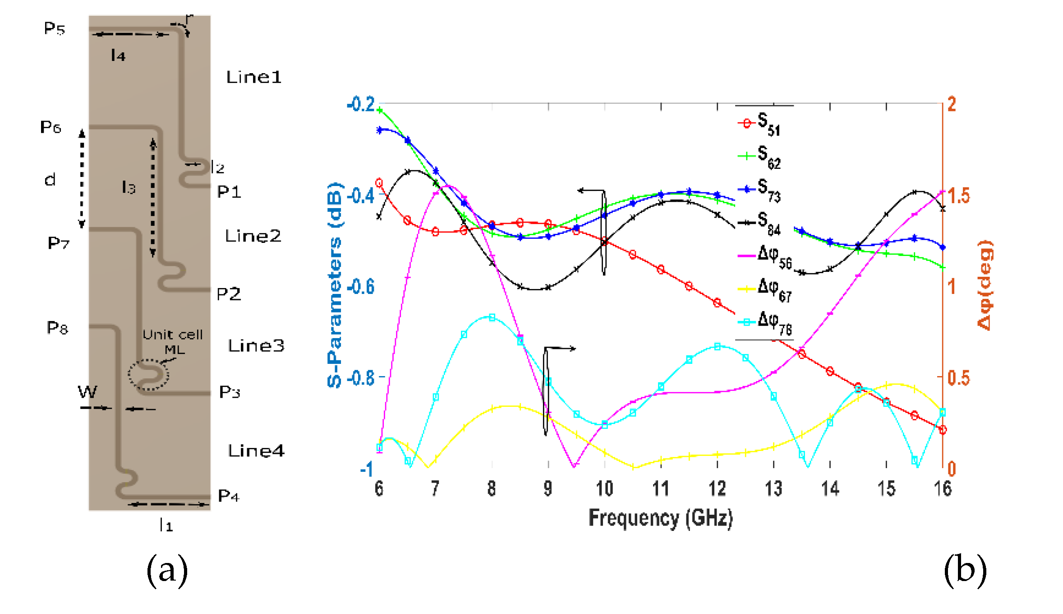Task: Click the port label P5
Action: coord(55,28)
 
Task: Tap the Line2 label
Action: coord(253,236)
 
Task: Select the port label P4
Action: coord(228,496)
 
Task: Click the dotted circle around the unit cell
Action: coord(148,374)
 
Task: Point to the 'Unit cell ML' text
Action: coord(173,341)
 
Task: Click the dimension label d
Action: coord(50,180)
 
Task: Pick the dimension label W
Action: coord(87,391)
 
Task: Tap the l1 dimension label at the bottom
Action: coord(166,525)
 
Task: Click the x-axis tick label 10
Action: coord(604,488)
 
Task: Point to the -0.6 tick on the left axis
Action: coord(361,287)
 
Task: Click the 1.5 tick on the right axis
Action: coord(959,195)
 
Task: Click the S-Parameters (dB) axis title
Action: coord(335,284)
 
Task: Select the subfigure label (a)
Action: coord(167,571)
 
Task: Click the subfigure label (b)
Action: coord(965,571)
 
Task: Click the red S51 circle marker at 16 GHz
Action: coord(942,430)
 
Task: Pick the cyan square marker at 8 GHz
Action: coord(492,317)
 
